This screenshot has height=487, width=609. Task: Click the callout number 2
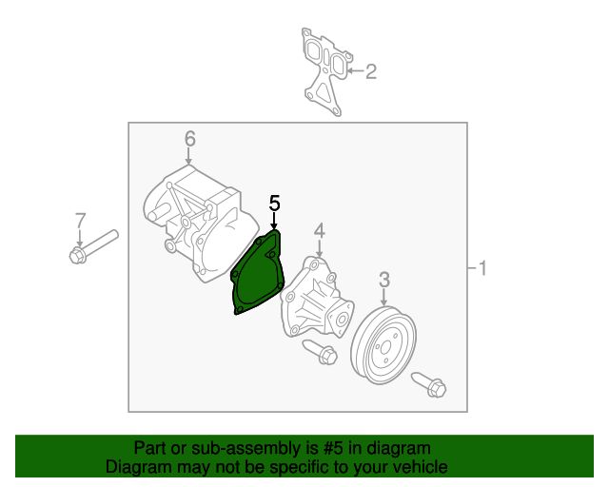371,72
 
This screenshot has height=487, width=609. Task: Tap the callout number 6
190,139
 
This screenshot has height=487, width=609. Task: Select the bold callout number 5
274,204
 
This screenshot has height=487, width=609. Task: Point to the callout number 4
320,231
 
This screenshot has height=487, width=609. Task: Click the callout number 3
384,280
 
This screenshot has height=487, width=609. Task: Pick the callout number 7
80,221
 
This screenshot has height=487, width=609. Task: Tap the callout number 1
482,268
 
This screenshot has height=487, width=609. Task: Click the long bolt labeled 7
93,246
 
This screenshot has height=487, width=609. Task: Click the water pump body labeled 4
317,297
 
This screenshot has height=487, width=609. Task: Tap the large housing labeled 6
200,224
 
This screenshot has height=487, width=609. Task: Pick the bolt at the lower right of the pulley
429,384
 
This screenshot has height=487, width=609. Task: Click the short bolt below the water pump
320,352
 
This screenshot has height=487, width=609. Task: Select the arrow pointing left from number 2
355,70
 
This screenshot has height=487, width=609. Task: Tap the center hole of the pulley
385,347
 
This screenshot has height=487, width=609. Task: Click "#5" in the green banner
333,448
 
